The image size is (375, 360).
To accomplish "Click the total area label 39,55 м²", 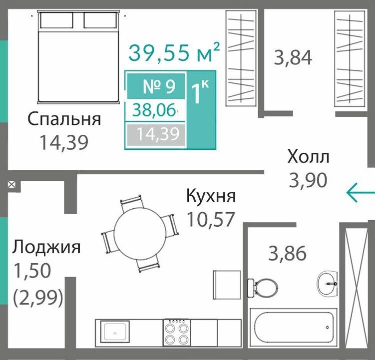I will (x=174, y=52).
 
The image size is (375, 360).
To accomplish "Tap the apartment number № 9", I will (x=159, y=87).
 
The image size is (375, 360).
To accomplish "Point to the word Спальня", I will (x=64, y=119).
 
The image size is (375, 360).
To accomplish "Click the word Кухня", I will (x=210, y=196).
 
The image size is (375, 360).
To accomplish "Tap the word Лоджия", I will (x=47, y=247).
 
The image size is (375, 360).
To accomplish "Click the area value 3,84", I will (x=293, y=57).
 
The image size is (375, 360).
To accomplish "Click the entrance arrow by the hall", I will (x=360, y=192).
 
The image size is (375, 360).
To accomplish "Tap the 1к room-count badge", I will (x=201, y=92).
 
